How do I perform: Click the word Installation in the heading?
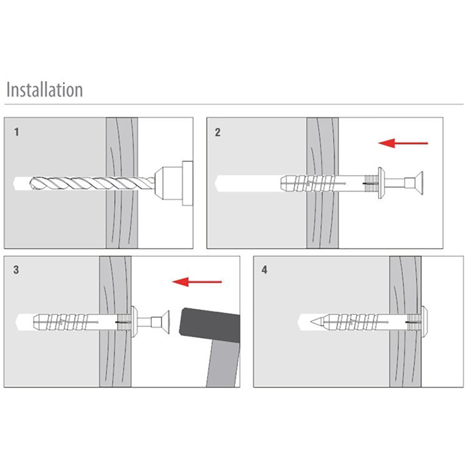click(x=44, y=89)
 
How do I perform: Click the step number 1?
click(x=17, y=132)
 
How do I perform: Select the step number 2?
click(x=218, y=132)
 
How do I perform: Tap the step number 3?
click(x=16, y=270)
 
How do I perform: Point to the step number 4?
click(x=264, y=270)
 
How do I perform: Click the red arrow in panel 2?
click(x=403, y=143)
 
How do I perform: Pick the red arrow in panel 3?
click(x=197, y=281)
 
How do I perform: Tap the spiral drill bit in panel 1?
click(x=92, y=183)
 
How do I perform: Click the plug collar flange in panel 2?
click(x=381, y=183)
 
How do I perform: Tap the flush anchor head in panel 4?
click(x=424, y=322)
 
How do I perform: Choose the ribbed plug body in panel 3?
click(x=80, y=322)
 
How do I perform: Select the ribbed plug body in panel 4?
click(x=370, y=322)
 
